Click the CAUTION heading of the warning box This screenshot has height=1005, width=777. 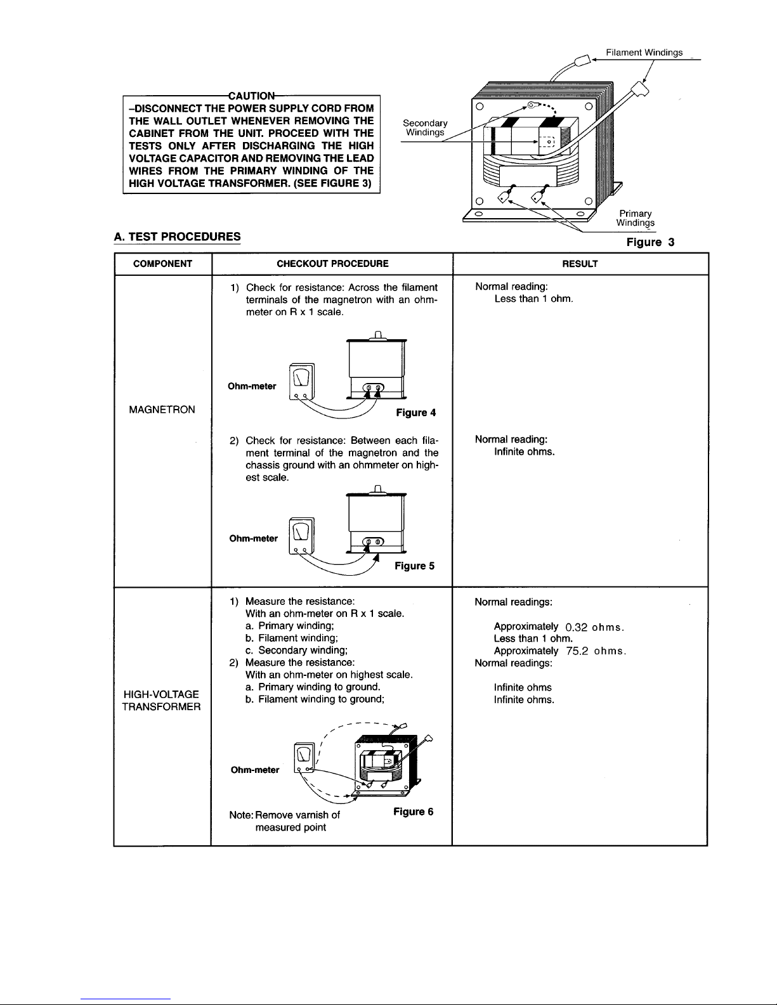pyautogui.click(x=252, y=96)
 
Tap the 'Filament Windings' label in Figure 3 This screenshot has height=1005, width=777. pyautogui.click(x=644, y=53)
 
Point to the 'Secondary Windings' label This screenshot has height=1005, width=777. pyautogui.click(x=425, y=127)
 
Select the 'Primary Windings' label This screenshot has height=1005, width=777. pyautogui.click(x=636, y=218)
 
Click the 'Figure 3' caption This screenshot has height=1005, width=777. pyautogui.click(x=650, y=242)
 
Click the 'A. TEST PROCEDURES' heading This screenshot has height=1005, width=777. pyautogui.click(x=177, y=237)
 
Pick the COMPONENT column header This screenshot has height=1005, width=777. pyautogui.click(x=162, y=264)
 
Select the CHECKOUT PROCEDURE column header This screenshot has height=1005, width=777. pyautogui.click(x=332, y=264)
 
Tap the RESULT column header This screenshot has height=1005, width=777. pyautogui.click(x=580, y=264)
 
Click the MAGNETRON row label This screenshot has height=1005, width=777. pyautogui.click(x=162, y=410)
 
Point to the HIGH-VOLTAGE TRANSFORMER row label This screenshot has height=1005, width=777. pyautogui.click(x=161, y=700)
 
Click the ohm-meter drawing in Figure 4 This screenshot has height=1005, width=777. pyautogui.click(x=302, y=382)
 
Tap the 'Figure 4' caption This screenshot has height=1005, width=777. pyautogui.click(x=416, y=413)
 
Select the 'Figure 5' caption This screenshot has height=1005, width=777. pyautogui.click(x=414, y=566)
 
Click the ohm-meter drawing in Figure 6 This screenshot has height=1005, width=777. pyautogui.click(x=304, y=758)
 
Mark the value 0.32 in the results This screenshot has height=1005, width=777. pyautogui.click(x=577, y=627)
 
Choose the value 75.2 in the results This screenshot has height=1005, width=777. pyautogui.click(x=577, y=651)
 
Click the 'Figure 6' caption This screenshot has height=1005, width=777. pyautogui.click(x=414, y=812)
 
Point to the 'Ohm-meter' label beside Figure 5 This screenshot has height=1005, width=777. pyautogui.click(x=254, y=538)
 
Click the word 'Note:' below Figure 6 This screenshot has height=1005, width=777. pyautogui.click(x=241, y=815)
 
